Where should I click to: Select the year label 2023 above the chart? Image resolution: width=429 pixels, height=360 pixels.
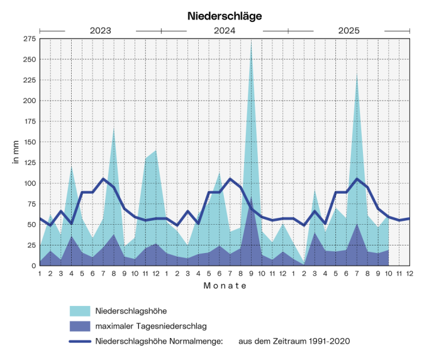click(x=100, y=30)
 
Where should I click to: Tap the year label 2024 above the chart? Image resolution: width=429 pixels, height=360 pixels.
click(x=225, y=30)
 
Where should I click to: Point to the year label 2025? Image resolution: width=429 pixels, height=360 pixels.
click(x=349, y=30)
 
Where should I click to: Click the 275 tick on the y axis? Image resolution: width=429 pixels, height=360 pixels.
click(x=28, y=39)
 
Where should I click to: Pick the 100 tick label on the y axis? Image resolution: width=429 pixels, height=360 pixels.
click(x=28, y=183)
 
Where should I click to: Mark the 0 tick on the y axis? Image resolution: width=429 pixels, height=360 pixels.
click(x=32, y=266)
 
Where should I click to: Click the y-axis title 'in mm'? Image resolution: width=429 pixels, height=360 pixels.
click(x=15, y=152)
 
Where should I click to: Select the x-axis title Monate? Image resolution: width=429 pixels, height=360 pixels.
click(x=225, y=286)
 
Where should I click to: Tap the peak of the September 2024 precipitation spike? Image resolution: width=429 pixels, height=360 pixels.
click(x=251, y=42)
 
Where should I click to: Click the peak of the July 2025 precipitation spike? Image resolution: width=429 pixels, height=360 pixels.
click(x=357, y=76)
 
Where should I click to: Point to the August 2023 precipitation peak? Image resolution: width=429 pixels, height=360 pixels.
click(x=114, y=128)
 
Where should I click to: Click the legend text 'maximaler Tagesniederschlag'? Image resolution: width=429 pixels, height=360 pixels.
click(x=150, y=326)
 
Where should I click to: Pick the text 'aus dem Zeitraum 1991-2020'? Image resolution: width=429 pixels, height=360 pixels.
click(x=294, y=341)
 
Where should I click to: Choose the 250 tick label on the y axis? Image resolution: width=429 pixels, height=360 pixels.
click(x=28, y=59)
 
